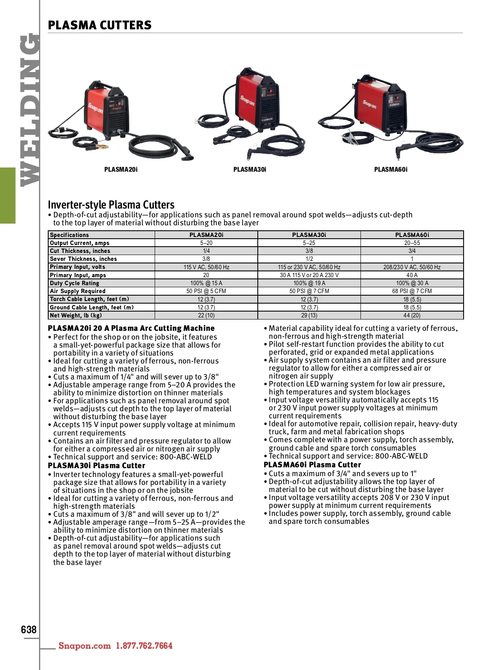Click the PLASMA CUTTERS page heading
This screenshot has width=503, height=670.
(100, 25)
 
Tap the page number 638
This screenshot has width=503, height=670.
(29, 629)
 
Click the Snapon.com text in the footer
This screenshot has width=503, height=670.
(85, 646)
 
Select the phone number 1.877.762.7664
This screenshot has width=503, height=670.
(144, 646)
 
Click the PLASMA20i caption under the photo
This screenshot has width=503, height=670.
(121, 170)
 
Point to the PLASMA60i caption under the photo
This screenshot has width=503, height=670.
(391, 170)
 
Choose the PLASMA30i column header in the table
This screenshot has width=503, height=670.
(309, 235)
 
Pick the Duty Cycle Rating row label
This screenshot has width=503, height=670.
(75, 283)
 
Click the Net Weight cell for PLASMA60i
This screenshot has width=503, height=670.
(412, 315)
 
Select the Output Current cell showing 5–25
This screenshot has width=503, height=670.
(309, 243)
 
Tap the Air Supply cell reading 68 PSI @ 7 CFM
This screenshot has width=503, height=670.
(412, 291)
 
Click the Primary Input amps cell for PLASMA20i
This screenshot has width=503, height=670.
(206, 275)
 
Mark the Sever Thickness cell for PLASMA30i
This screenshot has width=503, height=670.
(309, 259)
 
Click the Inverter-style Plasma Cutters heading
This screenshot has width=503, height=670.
(111, 205)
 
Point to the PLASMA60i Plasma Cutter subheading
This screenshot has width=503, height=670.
(312, 465)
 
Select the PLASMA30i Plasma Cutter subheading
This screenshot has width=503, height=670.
(96, 466)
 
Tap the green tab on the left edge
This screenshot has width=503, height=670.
(8, 195)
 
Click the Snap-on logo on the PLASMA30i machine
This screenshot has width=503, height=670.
(247, 103)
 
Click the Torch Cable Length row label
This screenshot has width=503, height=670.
(89, 299)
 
